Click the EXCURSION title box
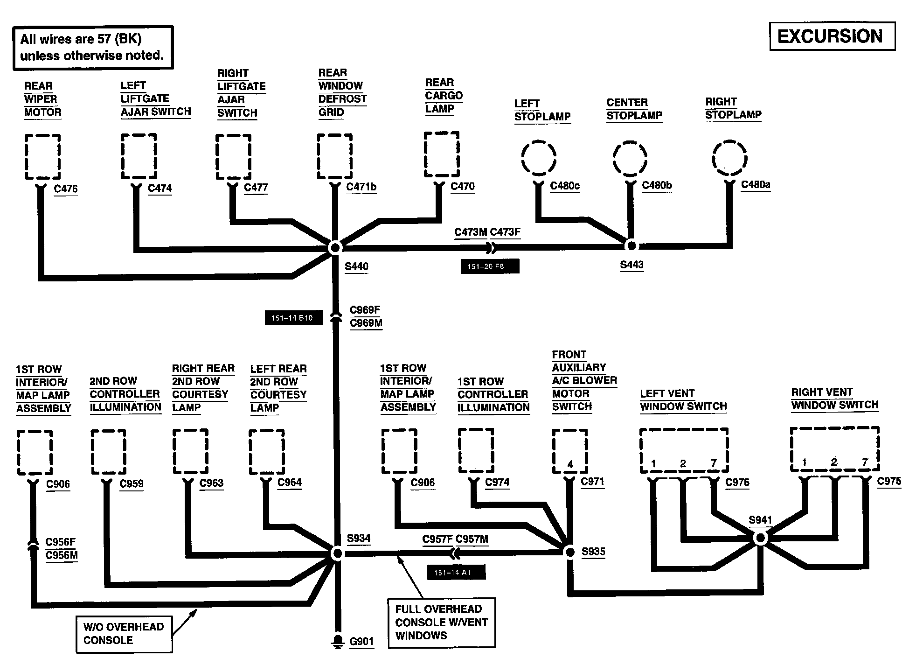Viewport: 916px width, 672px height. [x=832, y=36]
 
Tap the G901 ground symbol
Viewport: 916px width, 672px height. [x=336, y=642]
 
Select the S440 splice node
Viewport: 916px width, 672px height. [x=335, y=248]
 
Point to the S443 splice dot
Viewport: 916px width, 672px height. [x=631, y=245]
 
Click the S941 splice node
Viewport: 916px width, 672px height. [x=760, y=539]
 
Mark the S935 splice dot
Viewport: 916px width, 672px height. [x=569, y=552]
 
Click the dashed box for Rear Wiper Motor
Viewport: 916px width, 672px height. [x=42, y=157]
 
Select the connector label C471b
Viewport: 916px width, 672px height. [x=361, y=187]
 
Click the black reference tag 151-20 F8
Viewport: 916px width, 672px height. [x=490, y=266]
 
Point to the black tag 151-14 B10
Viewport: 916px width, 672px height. [x=294, y=318]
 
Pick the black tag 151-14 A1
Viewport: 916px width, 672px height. [x=456, y=572]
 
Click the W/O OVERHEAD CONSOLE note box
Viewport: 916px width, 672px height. [x=124, y=634]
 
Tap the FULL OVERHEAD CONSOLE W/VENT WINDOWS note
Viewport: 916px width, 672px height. [x=442, y=623]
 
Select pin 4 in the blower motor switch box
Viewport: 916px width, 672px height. [x=570, y=464]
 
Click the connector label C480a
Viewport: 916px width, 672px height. [x=756, y=185]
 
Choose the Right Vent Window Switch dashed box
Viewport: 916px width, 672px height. [x=835, y=449]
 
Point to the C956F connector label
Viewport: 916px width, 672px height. [x=61, y=542]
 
